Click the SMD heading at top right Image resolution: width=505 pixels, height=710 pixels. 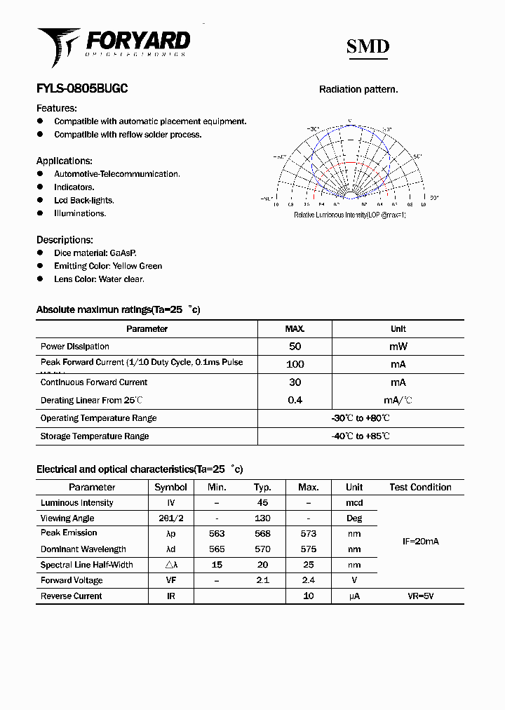368,47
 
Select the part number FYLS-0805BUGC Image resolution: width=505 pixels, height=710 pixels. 82,89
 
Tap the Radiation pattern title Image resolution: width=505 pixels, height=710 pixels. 358,89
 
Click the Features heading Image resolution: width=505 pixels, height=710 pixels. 57,108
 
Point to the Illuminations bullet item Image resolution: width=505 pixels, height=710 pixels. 80,213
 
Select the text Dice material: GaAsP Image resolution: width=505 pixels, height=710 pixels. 95,253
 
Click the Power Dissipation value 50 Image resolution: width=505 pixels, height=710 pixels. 295,347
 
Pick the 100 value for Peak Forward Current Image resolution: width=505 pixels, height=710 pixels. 295,364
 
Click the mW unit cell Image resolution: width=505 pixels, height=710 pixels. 398,347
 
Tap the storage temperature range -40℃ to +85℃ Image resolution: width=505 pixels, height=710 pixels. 361,436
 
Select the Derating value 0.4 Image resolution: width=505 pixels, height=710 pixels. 295,400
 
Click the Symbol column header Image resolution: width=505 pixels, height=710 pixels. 170,487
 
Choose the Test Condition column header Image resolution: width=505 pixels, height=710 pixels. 420,487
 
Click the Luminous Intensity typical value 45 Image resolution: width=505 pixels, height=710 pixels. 262,503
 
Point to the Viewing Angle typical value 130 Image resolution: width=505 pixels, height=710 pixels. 262,518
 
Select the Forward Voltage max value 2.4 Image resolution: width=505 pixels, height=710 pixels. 308,580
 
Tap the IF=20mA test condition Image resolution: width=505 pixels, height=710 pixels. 420,542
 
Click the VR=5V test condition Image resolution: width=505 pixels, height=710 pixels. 420,596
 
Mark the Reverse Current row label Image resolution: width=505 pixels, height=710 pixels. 72,596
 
